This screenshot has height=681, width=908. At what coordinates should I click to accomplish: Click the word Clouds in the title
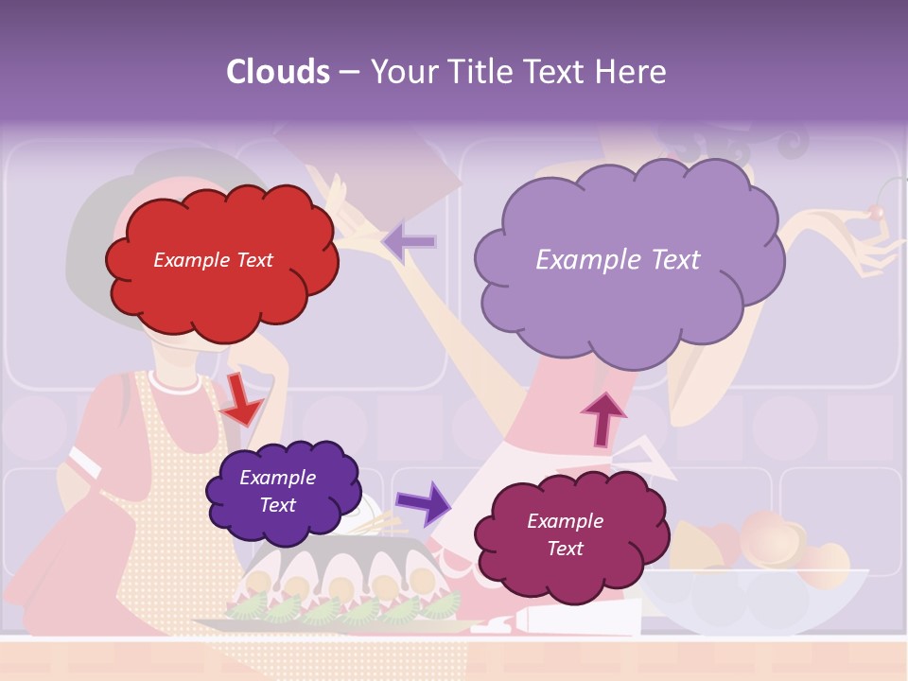[x=278, y=71]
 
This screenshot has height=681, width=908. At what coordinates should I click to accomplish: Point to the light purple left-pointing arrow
[x=409, y=242]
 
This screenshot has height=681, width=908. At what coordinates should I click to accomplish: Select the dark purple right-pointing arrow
[x=424, y=503]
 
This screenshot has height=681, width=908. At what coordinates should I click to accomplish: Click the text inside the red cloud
[x=213, y=260]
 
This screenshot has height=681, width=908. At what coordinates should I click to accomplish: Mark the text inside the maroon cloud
[x=565, y=534]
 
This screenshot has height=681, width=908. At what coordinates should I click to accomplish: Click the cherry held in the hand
[x=877, y=213]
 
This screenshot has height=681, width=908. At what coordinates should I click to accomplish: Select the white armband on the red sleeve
[x=85, y=463]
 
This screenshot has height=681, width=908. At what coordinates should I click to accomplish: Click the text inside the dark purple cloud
[x=277, y=491]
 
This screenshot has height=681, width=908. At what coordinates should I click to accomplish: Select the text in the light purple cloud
[x=618, y=260]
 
